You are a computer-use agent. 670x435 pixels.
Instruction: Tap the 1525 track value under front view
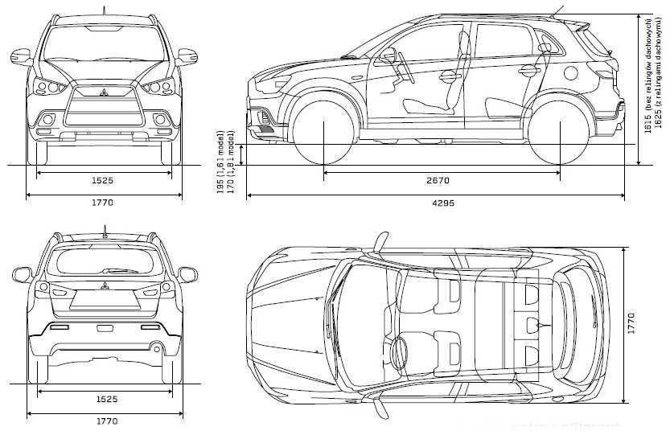pyautogui.click(x=102, y=180)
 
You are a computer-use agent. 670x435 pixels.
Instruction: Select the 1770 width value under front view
pyautogui.click(x=102, y=203)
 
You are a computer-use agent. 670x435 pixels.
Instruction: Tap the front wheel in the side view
pyautogui.click(x=323, y=131)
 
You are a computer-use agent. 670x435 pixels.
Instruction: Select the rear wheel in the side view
pyautogui.click(x=561, y=131)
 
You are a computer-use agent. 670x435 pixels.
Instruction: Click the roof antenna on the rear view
pyautogui.click(x=104, y=230)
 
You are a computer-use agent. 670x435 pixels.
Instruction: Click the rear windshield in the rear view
pyautogui.click(x=105, y=262)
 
